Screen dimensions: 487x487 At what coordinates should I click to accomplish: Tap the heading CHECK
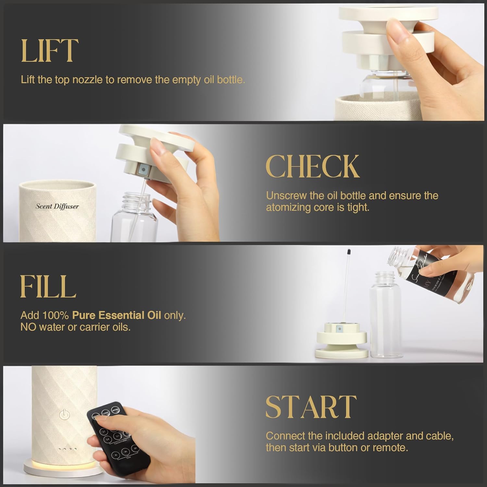313,166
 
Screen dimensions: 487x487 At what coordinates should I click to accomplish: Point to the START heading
311,407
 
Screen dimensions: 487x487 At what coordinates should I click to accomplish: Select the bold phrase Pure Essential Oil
117,315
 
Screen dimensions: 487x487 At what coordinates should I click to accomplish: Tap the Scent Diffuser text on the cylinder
57,206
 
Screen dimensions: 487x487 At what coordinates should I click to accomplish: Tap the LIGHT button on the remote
106,413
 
